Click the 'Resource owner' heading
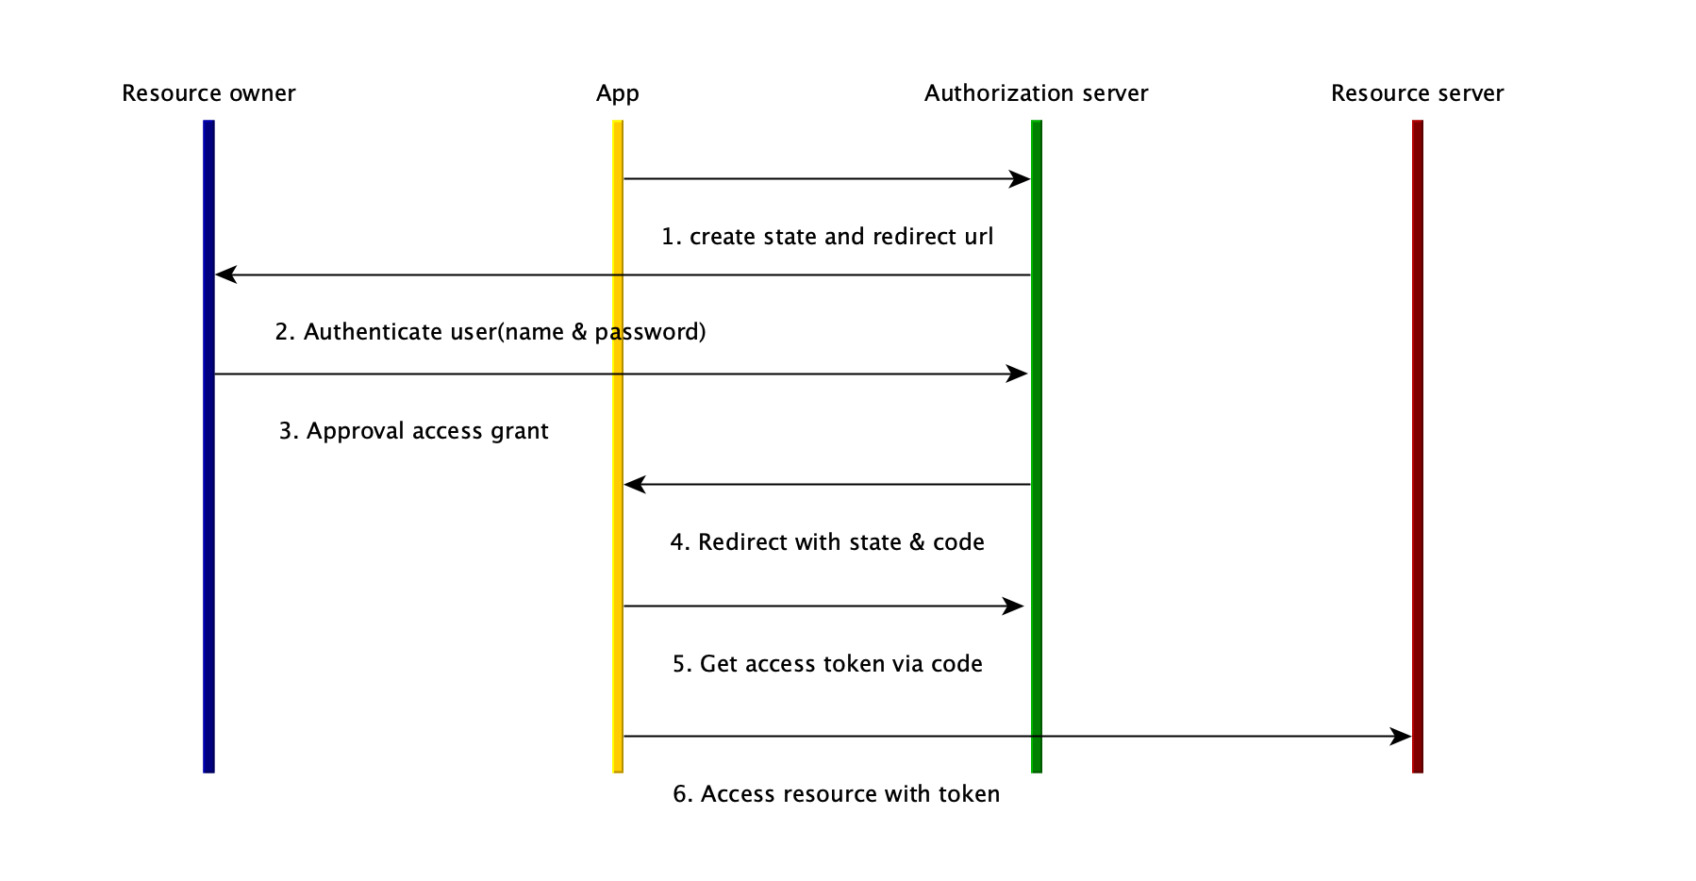point(208,93)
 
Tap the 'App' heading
point(618,93)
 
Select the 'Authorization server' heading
point(1036,93)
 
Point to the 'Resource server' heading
point(1417,93)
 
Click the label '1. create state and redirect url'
point(827,237)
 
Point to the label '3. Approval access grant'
point(413,431)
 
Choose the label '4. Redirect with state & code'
point(827,542)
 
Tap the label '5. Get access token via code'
point(827,664)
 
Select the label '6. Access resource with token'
point(836,794)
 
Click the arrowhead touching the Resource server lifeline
point(1401,736)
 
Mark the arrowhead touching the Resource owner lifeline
point(225,274)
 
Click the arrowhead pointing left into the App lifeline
point(635,484)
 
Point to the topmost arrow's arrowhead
point(1020,178)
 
